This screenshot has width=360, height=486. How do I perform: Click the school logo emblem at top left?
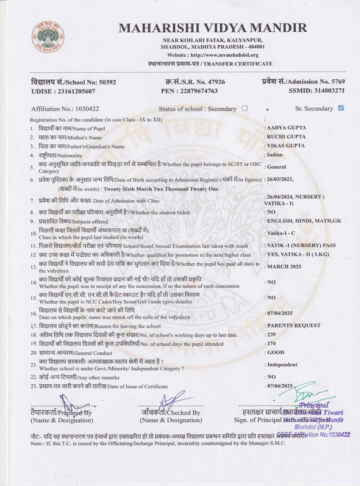point(48,37)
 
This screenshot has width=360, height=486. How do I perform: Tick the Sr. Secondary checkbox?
point(341,108)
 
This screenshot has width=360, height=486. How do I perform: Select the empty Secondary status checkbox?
point(245,108)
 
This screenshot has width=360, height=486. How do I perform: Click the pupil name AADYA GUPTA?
point(287,128)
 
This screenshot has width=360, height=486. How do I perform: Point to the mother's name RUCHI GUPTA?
point(286,137)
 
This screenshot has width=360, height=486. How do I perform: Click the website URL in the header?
point(225,55)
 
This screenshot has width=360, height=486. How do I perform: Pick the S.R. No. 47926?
point(213,82)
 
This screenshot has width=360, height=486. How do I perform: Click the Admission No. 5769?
point(338,82)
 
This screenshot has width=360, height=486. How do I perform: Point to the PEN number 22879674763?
point(199,91)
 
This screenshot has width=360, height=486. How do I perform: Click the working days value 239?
point(271,334)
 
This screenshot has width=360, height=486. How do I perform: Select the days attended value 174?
point(271,343)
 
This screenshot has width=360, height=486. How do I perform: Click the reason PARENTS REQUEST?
point(294,325)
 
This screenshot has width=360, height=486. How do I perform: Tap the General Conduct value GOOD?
point(276,352)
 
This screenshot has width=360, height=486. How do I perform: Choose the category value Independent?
point(282,365)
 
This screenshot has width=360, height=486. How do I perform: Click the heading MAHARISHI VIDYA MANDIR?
point(213,28)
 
